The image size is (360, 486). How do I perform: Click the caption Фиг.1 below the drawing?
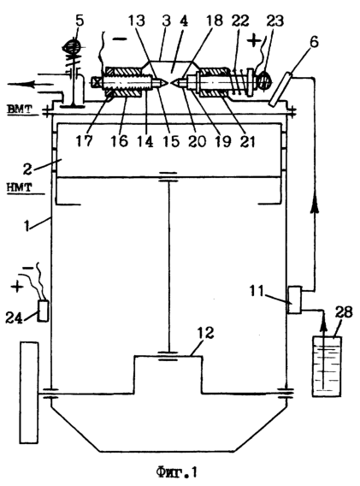point(176,472)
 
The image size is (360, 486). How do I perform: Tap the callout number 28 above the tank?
point(343,312)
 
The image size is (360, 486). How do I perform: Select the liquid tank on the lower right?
point(327,366)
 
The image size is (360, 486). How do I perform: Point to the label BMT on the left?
point(20,109)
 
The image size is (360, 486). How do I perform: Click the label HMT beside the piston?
point(18,187)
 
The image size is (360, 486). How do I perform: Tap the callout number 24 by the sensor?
point(14,317)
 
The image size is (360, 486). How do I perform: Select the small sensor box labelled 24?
point(43,311)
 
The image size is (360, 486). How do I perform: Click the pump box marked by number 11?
point(294,299)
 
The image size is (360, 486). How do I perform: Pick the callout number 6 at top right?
point(314,41)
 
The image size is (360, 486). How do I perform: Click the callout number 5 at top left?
point(80,21)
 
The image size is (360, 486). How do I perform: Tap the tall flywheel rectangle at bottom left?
point(29,393)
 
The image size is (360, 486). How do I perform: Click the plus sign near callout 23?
point(254,40)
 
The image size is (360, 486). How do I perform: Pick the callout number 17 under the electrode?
point(84,140)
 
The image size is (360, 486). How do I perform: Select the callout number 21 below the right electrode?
point(247,141)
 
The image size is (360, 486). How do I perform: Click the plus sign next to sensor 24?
point(17,287)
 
